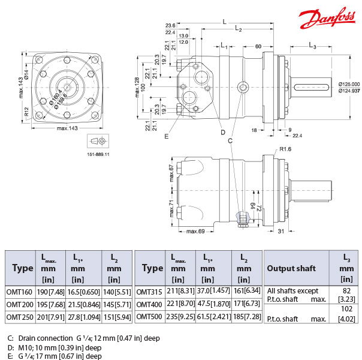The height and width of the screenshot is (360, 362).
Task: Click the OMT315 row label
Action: point(150,292)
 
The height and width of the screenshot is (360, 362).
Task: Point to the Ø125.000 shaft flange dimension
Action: point(348,84)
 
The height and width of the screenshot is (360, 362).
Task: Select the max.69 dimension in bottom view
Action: point(196,231)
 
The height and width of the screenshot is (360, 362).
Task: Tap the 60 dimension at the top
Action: point(258,46)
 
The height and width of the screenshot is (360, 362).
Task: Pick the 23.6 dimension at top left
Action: point(170,26)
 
